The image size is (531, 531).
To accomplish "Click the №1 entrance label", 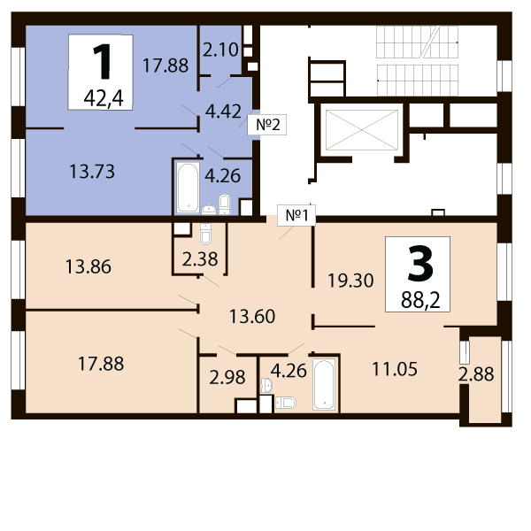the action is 296,215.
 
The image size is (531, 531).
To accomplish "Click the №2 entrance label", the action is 267,125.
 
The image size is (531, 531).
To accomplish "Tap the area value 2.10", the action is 220,50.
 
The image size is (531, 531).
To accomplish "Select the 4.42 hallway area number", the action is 223,112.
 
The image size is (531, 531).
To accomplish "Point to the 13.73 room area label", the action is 92,172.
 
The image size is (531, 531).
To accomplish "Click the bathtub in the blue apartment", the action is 188,188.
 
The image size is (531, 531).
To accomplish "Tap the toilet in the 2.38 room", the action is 205,234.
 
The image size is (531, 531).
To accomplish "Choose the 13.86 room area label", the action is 88,266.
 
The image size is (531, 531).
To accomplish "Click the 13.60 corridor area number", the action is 252,317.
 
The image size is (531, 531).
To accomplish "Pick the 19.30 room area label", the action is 350,281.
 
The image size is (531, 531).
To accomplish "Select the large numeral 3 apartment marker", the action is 420,264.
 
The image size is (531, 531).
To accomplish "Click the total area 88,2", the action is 420,300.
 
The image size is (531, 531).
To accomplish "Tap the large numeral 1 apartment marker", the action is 102,62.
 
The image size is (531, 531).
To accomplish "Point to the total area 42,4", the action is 104,98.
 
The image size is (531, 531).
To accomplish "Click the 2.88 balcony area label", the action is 476,374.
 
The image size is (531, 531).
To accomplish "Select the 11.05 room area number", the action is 395,369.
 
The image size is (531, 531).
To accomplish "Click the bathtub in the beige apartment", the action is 324,384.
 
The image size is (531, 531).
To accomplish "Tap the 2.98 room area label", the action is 227,378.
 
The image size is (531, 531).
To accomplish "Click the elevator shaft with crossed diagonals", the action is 362,130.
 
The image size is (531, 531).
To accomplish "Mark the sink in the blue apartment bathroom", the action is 209,210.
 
